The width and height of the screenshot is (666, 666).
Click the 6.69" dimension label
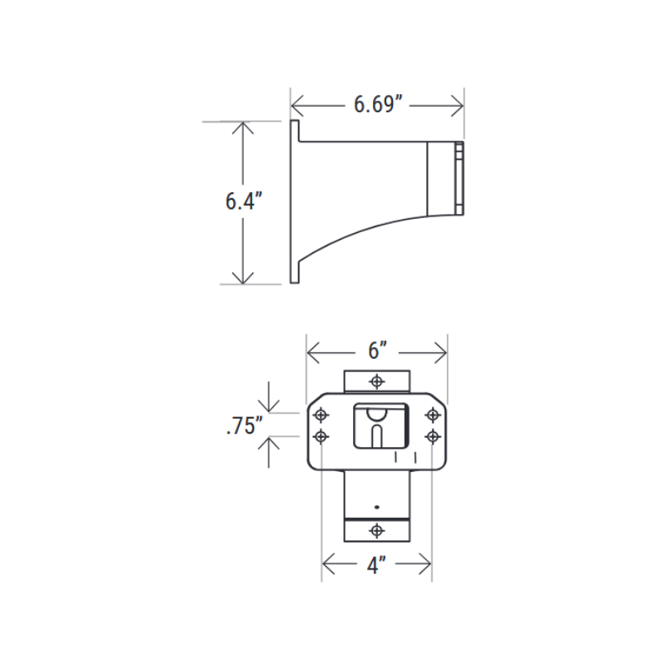pyautogui.click(x=378, y=105)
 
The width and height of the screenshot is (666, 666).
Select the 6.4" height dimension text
pyautogui.click(x=243, y=202)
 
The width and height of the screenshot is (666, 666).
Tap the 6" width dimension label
pyautogui.click(x=377, y=351)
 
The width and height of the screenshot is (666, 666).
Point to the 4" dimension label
pyautogui.click(x=376, y=566)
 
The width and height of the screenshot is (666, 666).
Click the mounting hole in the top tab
pyautogui.click(x=377, y=381)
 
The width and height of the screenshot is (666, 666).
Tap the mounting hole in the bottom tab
pyautogui.click(x=377, y=529)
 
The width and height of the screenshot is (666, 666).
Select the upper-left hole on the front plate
pyautogui.click(x=321, y=414)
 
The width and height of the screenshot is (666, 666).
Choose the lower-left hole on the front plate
pyautogui.click(x=321, y=435)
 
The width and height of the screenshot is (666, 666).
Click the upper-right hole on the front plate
pyautogui.click(x=432, y=414)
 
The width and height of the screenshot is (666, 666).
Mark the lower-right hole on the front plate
pyautogui.click(x=432, y=435)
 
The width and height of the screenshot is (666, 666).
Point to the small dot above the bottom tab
pyautogui.click(x=377, y=507)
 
